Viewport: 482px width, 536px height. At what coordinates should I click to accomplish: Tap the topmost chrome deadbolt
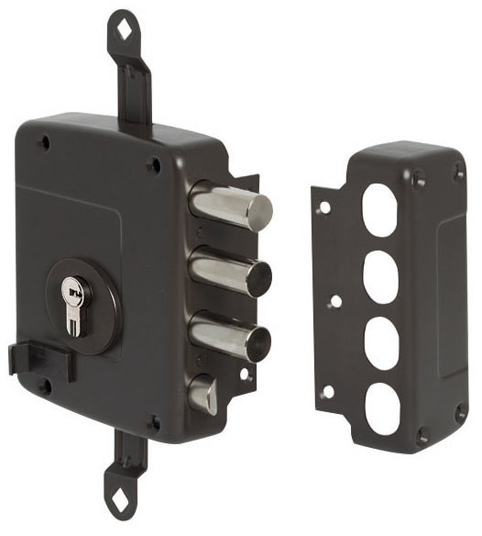233,206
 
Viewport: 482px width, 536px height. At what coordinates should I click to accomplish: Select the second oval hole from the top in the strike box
378,274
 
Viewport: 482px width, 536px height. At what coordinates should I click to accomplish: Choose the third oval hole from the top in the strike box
380,342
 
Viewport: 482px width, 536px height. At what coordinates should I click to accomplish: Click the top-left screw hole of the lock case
43,143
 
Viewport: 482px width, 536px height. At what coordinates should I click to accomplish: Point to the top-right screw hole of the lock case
154,166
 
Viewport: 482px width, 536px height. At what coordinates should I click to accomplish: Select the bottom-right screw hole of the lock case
155,423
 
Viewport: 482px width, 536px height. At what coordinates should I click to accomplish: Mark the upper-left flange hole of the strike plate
323,207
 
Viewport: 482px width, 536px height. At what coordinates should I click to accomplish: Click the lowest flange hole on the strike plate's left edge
327,392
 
